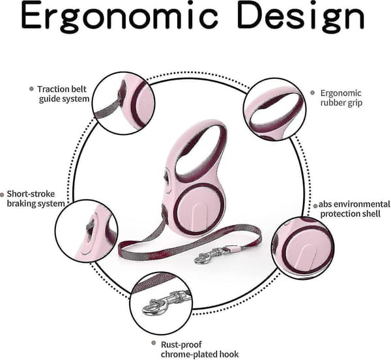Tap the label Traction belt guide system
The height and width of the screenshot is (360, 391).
[x=63, y=94]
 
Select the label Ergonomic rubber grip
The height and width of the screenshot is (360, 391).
[x=341, y=98]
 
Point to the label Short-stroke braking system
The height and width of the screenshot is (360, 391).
[x=35, y=199]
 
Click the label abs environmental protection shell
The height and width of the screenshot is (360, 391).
[x=354, y=209]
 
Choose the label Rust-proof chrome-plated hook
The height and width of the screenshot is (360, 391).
[x=199, y=350]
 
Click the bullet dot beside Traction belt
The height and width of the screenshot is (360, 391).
[x=31, y=89]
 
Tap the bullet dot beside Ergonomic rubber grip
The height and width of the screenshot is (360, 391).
[x=312, y=93]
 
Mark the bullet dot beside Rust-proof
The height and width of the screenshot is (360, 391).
[x=154, y=343]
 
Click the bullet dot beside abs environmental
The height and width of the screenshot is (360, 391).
[x=315, y=206]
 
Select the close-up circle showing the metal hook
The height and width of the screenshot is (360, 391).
[x=162, y=304]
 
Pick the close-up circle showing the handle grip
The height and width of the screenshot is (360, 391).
[x=274, y=109]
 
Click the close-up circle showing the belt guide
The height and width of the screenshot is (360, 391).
[x=123, y=103]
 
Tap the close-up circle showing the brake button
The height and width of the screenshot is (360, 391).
[x=87, y=231]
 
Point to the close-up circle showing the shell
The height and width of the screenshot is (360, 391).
[x=303, y=248]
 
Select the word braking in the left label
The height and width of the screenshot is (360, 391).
[x=21, y=204]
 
